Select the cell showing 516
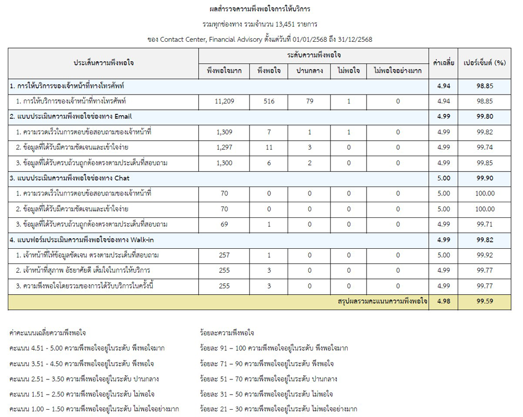pyautogui.click(x=269, y=101)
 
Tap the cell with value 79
pyautogui.click(x=310, y=101)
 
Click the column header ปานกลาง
pyautogui.click(x=310, y=71)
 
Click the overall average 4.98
pyautogui.click(x=443, y=302)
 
